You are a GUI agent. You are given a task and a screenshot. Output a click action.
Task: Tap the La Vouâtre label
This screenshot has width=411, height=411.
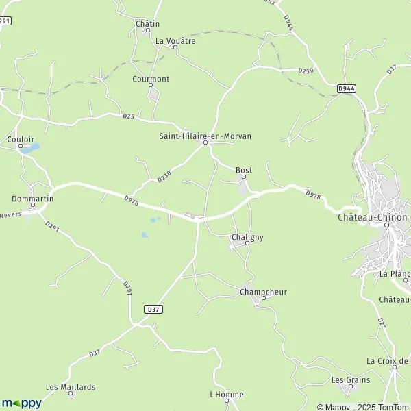click(x=175, y=41)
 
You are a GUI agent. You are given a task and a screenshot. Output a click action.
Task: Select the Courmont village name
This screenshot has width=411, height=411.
click(x=151, y=79)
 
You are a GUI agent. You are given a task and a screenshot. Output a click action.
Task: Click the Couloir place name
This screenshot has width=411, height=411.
click(x=20, y=139)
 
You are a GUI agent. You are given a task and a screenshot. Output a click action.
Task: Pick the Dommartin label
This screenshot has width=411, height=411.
click(x=32, y=199)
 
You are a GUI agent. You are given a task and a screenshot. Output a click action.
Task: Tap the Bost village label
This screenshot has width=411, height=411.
click(x=244, y=170)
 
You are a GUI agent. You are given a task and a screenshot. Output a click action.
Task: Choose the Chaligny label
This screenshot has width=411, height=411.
click(x=247, y=237)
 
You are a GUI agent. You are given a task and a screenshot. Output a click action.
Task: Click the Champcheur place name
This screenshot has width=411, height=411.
click(x=263, y=292)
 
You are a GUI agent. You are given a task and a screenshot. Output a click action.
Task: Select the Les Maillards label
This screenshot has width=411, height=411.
click(x=71, y=387)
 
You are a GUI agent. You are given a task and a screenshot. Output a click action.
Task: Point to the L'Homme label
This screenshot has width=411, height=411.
click(x=227, y=395)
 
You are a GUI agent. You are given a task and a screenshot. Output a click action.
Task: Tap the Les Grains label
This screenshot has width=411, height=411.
click(x=350, y=380)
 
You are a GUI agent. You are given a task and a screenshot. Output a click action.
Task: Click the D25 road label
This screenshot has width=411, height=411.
click(x=129, y=116)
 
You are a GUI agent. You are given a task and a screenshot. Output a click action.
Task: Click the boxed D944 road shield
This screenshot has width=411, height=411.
click(x=347, y=89)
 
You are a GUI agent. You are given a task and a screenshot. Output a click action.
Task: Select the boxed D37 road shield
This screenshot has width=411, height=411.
click(x=153, y=310)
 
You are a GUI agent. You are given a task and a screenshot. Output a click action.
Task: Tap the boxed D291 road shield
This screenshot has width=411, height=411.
click(x=5, y=21)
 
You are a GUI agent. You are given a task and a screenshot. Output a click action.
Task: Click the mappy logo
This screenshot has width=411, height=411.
click(x=22, y=403)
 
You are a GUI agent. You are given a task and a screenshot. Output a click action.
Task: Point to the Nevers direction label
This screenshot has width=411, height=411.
click(x=10, y=214)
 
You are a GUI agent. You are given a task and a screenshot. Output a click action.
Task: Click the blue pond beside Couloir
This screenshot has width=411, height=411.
click(x=33, y=147)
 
